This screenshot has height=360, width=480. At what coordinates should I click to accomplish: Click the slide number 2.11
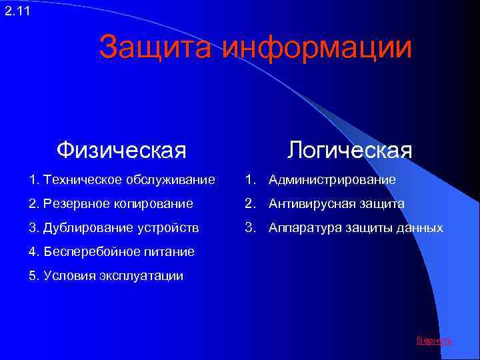[x=17, y=10]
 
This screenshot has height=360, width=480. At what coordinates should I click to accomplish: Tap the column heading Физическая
[x=121, y=150]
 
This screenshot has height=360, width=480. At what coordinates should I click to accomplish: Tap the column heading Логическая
[x=350, y=150]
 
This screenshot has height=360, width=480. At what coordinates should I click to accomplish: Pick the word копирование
[x=157, y=203]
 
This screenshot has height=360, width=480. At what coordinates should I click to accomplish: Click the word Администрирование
[x=332, y=180]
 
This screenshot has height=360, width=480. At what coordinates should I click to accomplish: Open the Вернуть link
[x=434, y=341]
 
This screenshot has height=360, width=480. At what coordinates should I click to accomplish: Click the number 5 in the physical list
[x=33, y=276]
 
